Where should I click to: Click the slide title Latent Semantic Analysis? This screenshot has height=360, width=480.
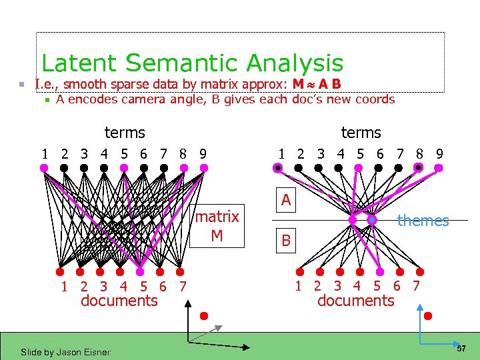click(x=192, y=63)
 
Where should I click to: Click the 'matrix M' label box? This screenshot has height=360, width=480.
click(x=217, y=226)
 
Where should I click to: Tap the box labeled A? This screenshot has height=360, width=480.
click(x=285, y=200)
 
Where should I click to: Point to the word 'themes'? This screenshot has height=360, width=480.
click(x=423, y=221)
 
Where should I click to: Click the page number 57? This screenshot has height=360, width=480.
click(x=461, y=349)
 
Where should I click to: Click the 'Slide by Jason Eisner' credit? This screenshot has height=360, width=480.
click(x=65, y=351)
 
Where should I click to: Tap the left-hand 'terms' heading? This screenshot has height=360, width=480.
click(x=125, y=133)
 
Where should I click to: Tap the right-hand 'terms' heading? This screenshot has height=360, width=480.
click(x=361, y=133)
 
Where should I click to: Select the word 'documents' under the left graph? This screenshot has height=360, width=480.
click(x=119, y=301)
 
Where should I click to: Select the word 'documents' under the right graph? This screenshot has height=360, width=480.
click(x=355, y=301)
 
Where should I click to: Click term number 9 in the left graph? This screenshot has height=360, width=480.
click(x=203, y=153)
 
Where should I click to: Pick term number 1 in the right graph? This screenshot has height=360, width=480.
click(x=282, y=153)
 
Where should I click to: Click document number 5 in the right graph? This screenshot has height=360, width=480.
click(x=377, y=287)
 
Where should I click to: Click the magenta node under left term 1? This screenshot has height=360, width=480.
click(x=44, y=168)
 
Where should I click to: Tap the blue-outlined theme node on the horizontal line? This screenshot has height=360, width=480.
click(x=372, y=220)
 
